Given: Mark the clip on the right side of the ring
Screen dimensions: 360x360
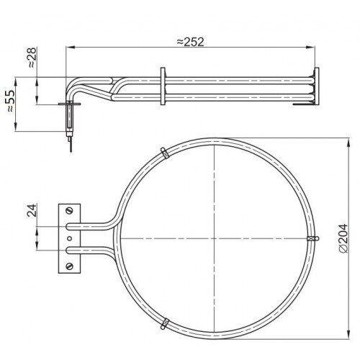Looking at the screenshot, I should click(312, 237).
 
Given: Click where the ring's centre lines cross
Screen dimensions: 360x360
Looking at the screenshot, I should click(215, 238).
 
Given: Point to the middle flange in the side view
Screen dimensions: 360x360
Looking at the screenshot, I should click(164, 86).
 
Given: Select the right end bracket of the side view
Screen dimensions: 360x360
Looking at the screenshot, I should click(314, 87).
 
